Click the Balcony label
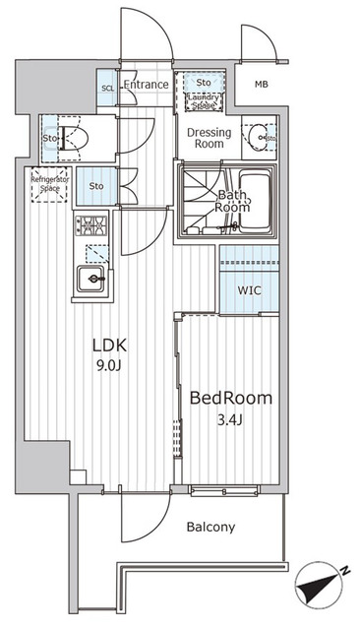[210, 527]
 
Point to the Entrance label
[146, 86]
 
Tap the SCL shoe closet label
[107, 89]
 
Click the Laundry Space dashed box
[203, 99]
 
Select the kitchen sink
[93, 281]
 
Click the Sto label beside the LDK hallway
[95, 186]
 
